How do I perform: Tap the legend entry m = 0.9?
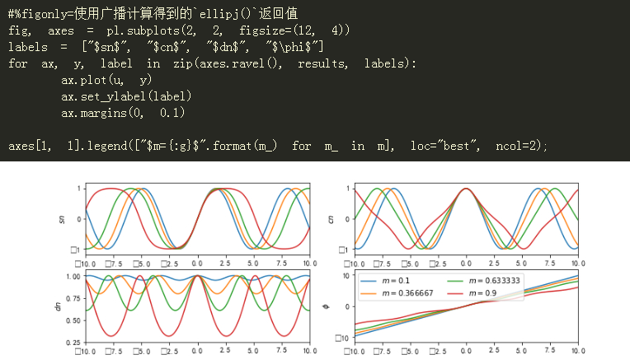point(474,292)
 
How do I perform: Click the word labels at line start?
point(27,46)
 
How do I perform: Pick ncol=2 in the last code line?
point(519,146)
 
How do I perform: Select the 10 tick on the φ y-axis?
point(347,276)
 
